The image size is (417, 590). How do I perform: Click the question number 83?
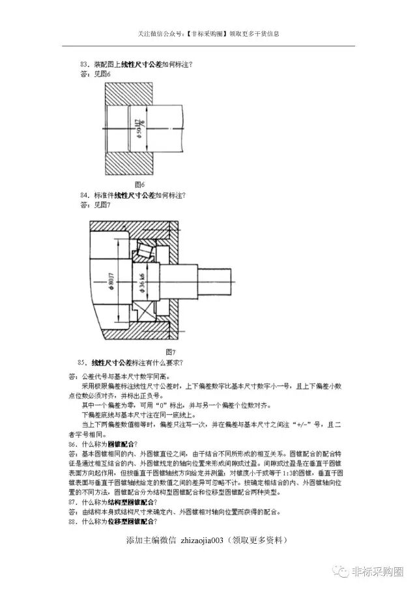83,64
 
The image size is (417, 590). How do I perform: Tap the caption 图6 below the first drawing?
138,184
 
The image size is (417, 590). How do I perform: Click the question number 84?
83,195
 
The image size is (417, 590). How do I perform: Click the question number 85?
81,362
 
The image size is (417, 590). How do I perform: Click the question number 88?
73,522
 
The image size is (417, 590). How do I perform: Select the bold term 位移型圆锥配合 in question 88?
134,522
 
